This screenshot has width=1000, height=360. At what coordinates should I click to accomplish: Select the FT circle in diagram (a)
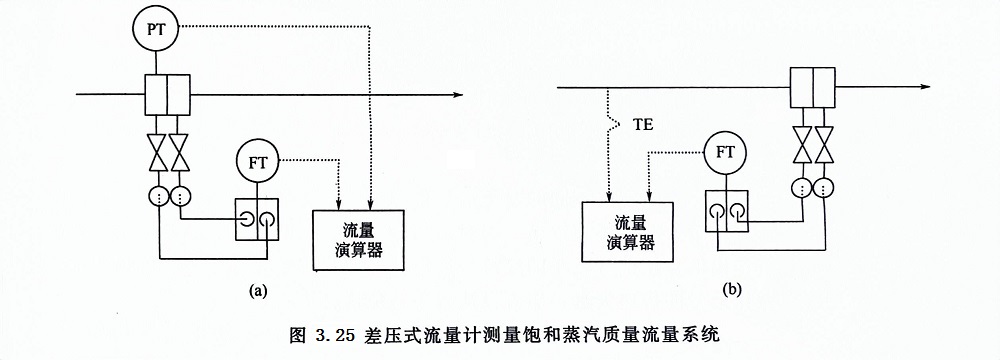[259, 160]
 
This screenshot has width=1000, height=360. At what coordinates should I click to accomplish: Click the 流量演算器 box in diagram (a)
[358, 240]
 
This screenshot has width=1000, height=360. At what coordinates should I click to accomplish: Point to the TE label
[644, 127]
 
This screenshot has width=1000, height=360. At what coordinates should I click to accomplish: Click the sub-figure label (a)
[257, 291]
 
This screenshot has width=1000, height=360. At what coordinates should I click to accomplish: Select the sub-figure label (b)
[733, 289]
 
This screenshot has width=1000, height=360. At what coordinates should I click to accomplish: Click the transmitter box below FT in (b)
[727, 211]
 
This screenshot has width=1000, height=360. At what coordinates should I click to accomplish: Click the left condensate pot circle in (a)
[157, 194]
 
